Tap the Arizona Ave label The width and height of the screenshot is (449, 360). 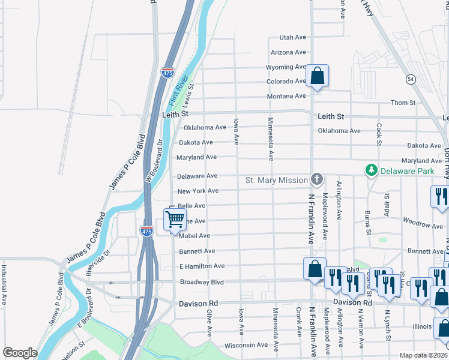point(288,53)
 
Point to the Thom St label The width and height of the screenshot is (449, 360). point(403,103)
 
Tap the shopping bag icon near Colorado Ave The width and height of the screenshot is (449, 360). point(317,76)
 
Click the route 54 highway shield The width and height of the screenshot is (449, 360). point(411,79)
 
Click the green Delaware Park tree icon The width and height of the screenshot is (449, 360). point(372,171)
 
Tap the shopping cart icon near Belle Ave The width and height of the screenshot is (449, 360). point(175,220)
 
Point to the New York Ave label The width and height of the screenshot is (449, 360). point(197,191)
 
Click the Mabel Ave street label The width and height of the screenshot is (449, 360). point(194,236)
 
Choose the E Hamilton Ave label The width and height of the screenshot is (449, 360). point(202,266)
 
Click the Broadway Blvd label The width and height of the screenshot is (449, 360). point(202,282)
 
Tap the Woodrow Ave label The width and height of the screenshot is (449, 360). point(423,225)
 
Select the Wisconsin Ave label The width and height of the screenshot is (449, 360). point(246,346)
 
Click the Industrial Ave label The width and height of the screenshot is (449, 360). point(4,286)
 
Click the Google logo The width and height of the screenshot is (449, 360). point(20,353)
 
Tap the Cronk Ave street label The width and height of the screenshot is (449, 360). point(298,323)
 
